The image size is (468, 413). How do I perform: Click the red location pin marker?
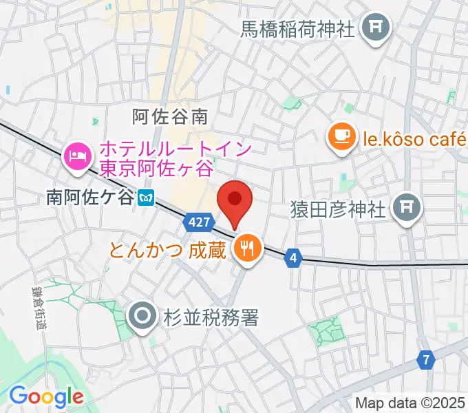(234, 200)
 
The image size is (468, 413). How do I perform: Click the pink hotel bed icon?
(78, 155)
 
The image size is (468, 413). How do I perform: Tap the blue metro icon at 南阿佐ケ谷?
(145, 198)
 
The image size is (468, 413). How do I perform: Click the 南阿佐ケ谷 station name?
(89, 198)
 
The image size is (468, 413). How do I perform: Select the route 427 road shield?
(198, 222)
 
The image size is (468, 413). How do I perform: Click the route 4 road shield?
(293, 257)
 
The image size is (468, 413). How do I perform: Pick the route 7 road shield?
(426, 359)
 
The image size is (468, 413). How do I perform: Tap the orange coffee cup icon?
(342, 136)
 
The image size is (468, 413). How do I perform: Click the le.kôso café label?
(414, 140)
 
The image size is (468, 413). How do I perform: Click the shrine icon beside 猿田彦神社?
(407, 206)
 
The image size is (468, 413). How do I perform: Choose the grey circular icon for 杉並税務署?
(142, 317)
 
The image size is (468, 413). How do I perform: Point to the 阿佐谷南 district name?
(169, 116)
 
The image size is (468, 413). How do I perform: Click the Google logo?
(46, 396)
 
